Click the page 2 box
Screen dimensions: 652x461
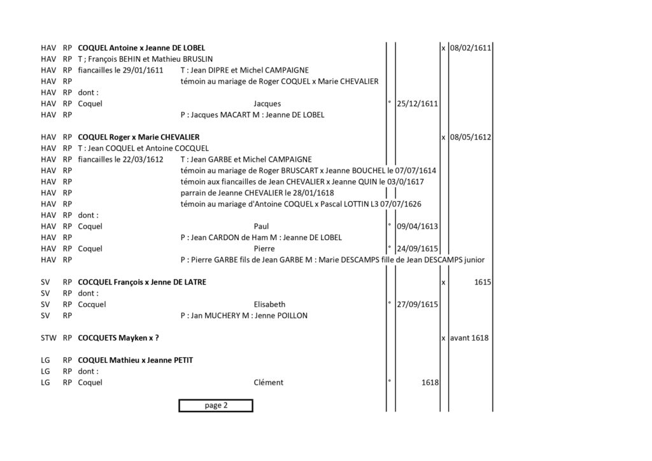[x=216, y=406]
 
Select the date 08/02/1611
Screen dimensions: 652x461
[x=471, y=48]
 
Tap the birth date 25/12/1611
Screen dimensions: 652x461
[x=417, y=104]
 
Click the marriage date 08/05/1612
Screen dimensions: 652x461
[x=471, y=137]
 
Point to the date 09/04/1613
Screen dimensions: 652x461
[x=417, y=227]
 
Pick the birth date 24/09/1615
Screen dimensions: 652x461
[x=417, y=248]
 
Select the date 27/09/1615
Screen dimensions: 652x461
[x=417, y=304]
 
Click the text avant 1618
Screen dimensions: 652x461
[x=469, y=338]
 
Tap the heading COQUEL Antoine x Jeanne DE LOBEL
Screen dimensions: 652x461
[x=141, y=48]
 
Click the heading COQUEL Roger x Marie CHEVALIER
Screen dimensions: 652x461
[x=138, y=137]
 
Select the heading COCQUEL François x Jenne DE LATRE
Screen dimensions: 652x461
[x=142, y=282]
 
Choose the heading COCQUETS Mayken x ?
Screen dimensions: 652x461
[x=118, y=338]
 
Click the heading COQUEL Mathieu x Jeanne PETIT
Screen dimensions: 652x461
[x=135, y=360]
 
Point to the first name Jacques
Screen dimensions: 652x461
[x=267, y=104]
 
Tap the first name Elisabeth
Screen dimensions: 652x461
[x=269, y=304]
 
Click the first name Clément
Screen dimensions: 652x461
[x=268, y=383]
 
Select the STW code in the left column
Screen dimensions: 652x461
[x=48, y=338]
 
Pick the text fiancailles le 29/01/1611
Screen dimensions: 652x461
[x=120, y=70]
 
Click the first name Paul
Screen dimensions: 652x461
[x=261, y=227]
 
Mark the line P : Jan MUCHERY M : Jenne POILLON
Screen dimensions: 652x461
[x=244, y=316]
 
